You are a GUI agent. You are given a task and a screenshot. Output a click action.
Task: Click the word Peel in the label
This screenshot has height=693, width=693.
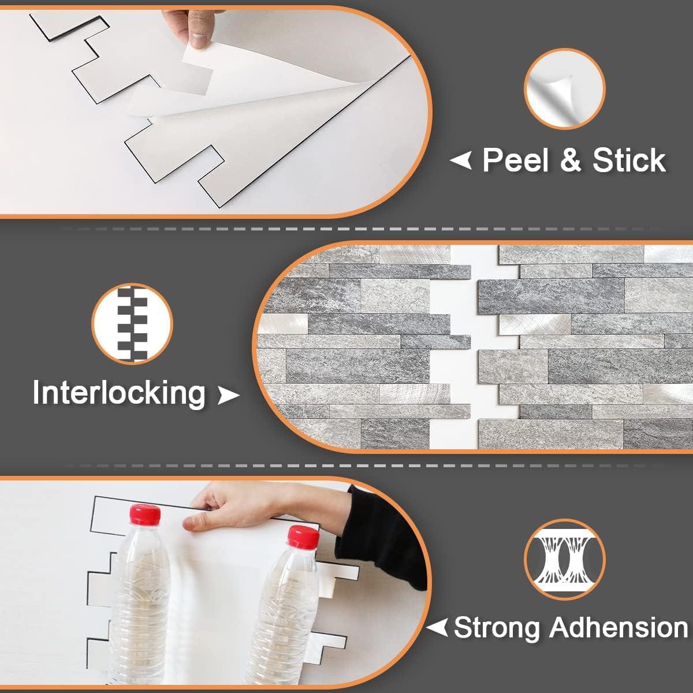click(x=515, y=160)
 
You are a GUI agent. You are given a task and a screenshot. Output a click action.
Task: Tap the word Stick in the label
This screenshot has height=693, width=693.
click(x=629, y=160)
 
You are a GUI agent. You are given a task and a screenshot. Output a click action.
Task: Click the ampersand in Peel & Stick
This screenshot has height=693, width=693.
click(x=570, y=160)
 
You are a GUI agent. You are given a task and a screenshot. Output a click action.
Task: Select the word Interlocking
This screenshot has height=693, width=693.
click(x=119, y=393)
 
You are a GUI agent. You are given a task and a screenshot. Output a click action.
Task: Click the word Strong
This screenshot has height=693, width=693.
click(x=498, y=627)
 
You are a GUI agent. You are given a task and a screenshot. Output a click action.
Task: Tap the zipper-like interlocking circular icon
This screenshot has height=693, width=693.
click(x=132, y=323)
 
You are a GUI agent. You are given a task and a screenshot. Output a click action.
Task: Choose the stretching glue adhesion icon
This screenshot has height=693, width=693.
click(x=564, y=559)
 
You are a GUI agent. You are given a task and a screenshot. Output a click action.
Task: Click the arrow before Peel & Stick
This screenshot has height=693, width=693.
click(x=461, y=160)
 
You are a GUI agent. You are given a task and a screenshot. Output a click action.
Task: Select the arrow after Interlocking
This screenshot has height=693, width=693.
click(x=227, y=395)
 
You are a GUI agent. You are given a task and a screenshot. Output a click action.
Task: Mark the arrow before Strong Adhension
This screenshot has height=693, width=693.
click(x=437, y=627)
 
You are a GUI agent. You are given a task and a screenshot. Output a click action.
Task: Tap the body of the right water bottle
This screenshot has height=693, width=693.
click(x=283, y=618)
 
